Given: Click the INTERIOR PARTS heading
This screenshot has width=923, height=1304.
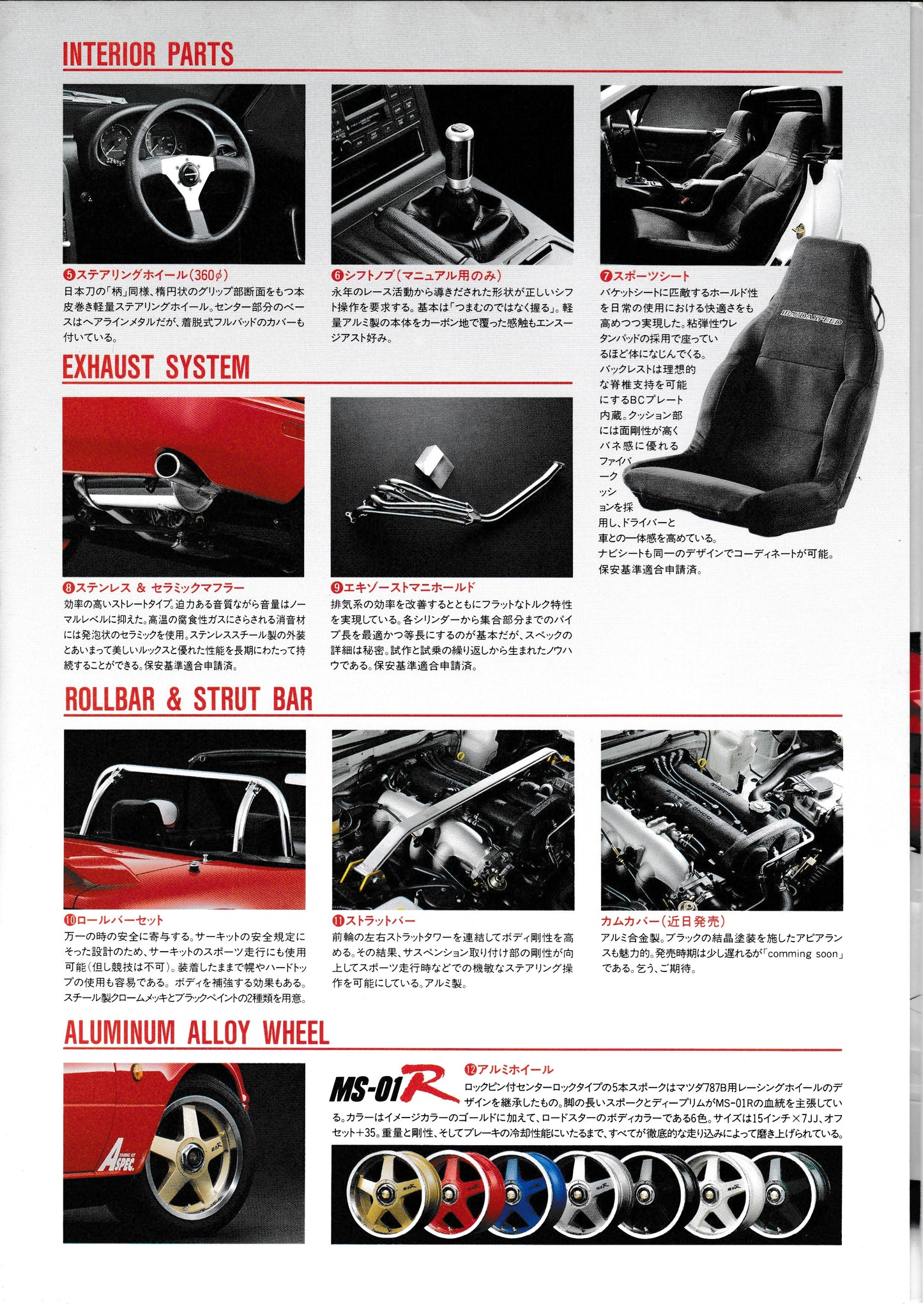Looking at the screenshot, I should click(148, 55).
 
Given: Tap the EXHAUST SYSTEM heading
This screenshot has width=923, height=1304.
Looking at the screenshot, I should click(156, 368).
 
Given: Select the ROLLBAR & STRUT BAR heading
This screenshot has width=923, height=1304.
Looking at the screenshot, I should click(189, 700).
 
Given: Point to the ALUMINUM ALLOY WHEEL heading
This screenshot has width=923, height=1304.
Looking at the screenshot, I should click(197, 1033).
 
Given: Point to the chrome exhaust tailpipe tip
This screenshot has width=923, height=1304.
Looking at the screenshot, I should click(170, 465).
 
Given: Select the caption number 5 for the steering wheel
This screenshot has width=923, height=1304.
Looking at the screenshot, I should click(69, 276).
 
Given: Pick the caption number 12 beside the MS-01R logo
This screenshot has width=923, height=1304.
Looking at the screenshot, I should click(469, 1069).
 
